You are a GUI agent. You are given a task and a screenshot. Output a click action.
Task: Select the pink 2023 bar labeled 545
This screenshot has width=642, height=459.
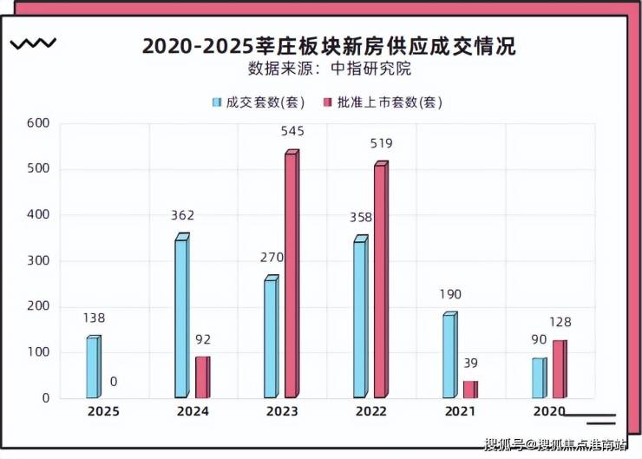tap(292, 275)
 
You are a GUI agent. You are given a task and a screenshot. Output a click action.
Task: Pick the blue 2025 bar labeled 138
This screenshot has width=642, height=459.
tap(93, 367)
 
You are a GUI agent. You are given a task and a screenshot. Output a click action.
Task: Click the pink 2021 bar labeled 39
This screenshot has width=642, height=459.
tap(469, 389)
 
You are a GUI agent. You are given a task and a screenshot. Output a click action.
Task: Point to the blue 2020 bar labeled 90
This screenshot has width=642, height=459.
tap(539, 377)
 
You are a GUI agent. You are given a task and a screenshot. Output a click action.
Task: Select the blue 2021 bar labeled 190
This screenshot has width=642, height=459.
tap(449, 356)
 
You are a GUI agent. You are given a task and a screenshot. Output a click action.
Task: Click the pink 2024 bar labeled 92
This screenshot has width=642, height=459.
tap(202, 377)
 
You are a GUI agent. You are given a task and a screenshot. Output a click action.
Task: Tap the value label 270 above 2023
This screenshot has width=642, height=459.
tap(272, 258)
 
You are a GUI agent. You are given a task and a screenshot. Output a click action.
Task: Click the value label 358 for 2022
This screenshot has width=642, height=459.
tap(362, 217)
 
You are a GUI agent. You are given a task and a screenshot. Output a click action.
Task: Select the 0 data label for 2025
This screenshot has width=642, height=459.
tap(114, 381)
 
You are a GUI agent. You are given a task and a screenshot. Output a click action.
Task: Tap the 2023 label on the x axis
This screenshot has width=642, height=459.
tap(281, 411)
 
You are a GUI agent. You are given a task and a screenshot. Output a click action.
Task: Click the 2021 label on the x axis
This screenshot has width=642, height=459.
tap(459, 411)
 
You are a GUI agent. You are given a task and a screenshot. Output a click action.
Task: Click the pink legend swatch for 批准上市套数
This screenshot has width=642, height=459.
tap(327, 102)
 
